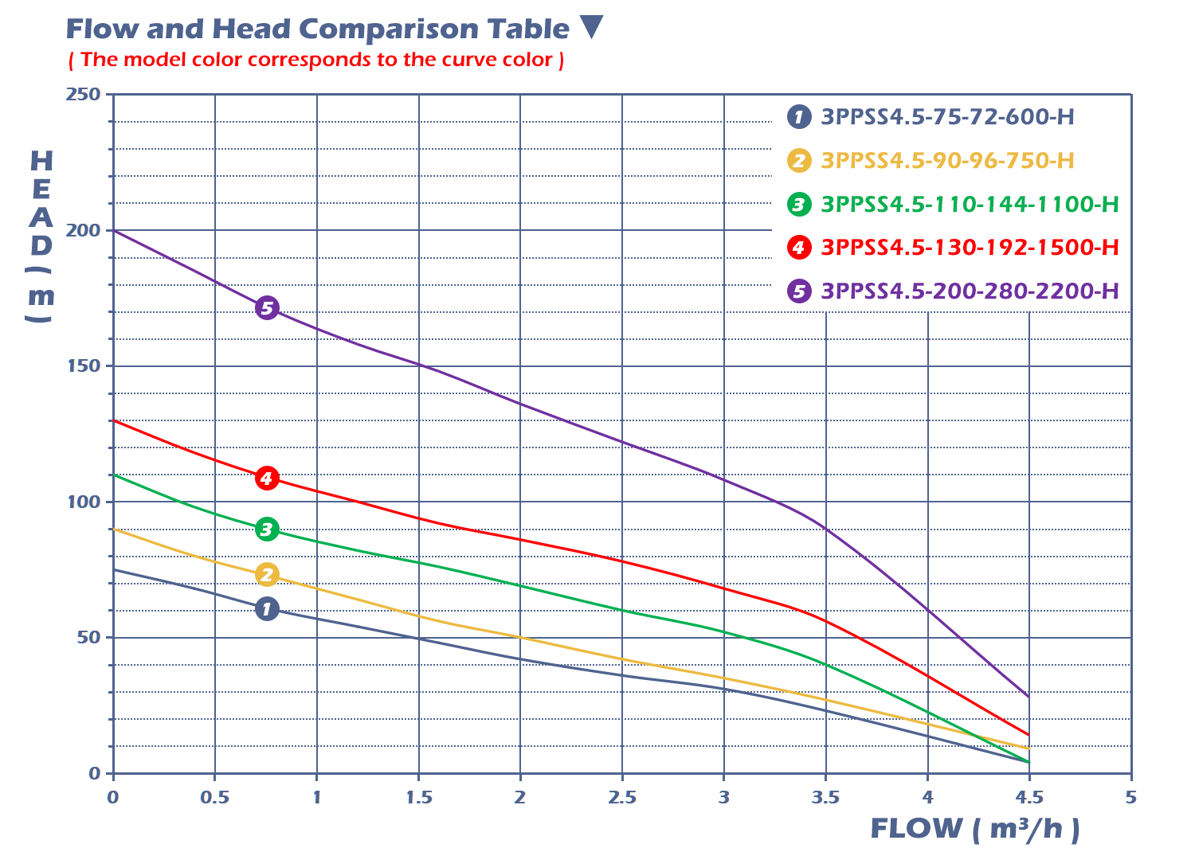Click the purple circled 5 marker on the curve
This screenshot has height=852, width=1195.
point(267,308)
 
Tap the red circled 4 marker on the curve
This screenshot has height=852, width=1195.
point(267,479)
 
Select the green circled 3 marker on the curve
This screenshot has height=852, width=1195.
point(267,530)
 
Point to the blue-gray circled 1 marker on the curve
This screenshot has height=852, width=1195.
point(267,610)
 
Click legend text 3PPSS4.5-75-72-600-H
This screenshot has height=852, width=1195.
point(947,117)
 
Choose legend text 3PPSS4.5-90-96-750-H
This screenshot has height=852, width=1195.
point(947,161)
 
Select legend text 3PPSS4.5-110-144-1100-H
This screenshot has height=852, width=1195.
point(970,205)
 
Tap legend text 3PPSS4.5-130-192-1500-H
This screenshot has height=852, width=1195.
point(970,248)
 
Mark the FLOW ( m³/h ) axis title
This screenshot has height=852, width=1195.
point(975,829)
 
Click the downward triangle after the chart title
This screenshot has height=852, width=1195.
point(591,27)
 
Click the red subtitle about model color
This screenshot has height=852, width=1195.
point(316,60)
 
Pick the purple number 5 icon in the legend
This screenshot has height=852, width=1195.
point(799,291)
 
